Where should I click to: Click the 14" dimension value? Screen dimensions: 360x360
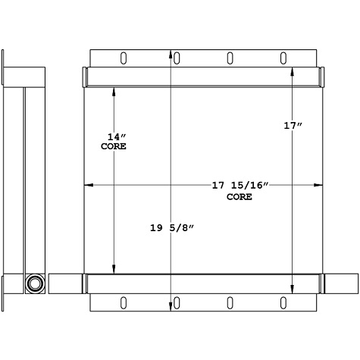114,136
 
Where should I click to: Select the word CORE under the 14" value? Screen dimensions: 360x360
114,146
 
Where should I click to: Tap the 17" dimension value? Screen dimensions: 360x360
293,127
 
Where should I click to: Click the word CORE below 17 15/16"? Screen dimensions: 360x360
239,196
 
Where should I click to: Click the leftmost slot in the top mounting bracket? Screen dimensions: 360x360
121,58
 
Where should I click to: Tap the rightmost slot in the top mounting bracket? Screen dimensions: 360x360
283,58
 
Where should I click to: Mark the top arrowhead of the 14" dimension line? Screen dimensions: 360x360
114,90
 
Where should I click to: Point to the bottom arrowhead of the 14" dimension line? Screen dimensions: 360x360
114,269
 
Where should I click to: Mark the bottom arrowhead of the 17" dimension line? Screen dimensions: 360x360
293,289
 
